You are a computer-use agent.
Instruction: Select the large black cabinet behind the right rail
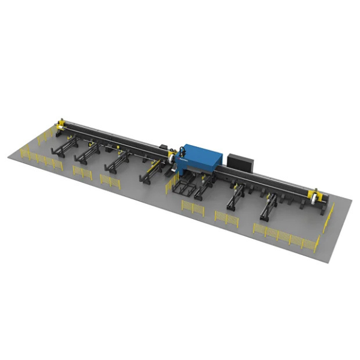(x=241, y=161)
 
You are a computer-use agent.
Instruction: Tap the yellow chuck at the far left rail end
(x=61, y=124)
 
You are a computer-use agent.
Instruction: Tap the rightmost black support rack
(x=269, y=208)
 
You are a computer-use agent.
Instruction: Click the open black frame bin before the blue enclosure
(x=185, y=187)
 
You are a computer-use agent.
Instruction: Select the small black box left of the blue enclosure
(x=164, y=146)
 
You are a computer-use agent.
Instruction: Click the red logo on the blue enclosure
(x=182, y=161)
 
